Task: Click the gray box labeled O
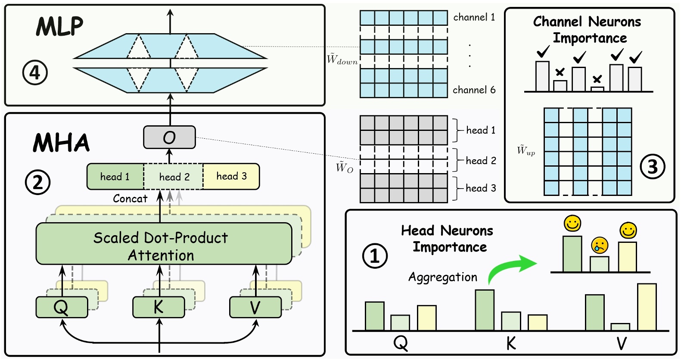169,137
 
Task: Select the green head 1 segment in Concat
115,177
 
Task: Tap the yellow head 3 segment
231,176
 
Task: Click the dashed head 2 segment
174,177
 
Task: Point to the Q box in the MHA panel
61,307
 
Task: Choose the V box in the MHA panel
255,307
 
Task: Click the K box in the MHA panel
158,307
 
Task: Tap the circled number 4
35,72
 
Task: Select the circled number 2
37,182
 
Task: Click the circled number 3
653,167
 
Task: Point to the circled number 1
375,256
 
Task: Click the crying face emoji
599,245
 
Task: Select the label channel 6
474,90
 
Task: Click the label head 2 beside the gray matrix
481,161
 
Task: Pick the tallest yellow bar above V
647,307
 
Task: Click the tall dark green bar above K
485,310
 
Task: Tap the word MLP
59,27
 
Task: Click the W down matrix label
342,59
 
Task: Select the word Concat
130,199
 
